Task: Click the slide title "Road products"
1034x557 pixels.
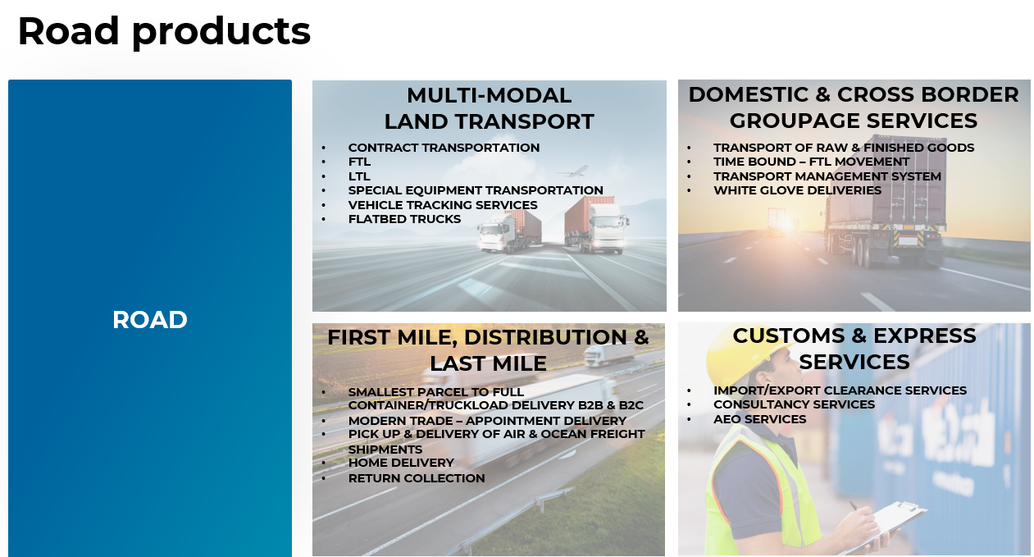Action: pyautogui.click(x=164, y=31)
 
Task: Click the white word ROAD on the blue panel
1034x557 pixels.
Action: pyautogui.click(x=150, y=320)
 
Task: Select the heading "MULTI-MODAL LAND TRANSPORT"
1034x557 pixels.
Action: pyautogui.click(x=490, y=108)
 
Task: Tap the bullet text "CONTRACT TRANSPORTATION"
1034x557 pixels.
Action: pyautogui.click(x=444, y=148)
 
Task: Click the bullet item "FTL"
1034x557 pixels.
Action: pyautogui.click(x=359, y=162)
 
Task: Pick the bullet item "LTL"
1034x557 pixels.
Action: pyautogui.click(x=359, y=176)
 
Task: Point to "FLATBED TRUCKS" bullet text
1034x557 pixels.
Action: pyautogui.click(x=404, y=219)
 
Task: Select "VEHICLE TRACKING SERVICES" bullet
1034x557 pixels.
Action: pyautogui.click(x=443, y=205)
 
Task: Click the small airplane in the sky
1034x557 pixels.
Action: pyautogui.click(x=573, y=171)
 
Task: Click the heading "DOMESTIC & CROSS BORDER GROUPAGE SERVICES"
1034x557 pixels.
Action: pyautogui.click(x=854, y=107)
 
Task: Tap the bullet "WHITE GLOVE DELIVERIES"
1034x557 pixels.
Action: pyautogui.click(x=797, y=190)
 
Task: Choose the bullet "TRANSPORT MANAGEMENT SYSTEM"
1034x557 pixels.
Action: pyautogui.click(x=827, y=176)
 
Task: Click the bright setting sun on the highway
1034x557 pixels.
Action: pyautogui.click(x=789, y=225)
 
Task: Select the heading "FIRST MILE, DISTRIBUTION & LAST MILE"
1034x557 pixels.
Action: pyautogui.click(x=489, y=350)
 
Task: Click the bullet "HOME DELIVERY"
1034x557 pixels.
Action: pyautogui.click(x=401, y=463)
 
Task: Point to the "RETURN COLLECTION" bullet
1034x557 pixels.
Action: pyautogui.click(x=417, y=478)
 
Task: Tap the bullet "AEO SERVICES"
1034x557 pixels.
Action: pyautogui.click(x=760, y=419)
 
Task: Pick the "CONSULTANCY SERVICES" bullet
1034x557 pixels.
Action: pyautogui.click(x=794, y=404)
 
